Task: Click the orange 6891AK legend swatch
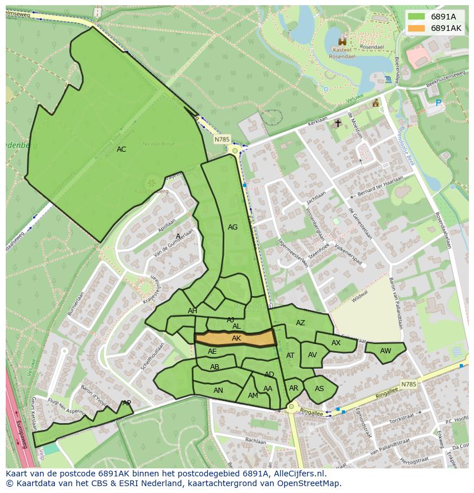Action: coord(417,28)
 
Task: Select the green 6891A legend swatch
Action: coord(417,17)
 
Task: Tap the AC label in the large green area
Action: coord(121,149)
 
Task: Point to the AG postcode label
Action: coord(232,227)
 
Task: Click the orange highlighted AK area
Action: coord(236,338)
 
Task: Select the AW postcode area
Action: coord(385,351)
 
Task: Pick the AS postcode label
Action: coord(319,389)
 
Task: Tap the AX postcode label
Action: coord(336,343)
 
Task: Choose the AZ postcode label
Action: coord(301,323)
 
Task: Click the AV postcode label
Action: coord(312,355)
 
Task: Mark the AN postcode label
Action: coord(218,391)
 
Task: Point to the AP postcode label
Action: coord(127,403)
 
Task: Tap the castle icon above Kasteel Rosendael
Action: coord(343,41)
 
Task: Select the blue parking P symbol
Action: coord(439,103)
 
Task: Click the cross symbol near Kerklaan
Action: coord(338,123)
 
